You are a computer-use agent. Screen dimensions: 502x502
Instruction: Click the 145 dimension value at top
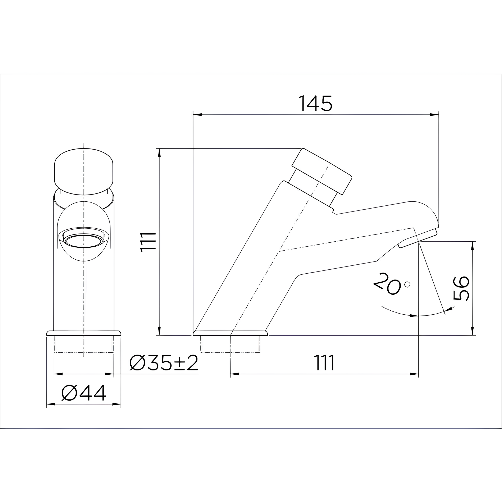(315, 103)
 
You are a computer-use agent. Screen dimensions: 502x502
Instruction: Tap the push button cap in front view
(84, 172)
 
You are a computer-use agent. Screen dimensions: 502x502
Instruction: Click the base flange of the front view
(84, 333)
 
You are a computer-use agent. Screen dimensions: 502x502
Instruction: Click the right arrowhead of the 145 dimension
(434, 114)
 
